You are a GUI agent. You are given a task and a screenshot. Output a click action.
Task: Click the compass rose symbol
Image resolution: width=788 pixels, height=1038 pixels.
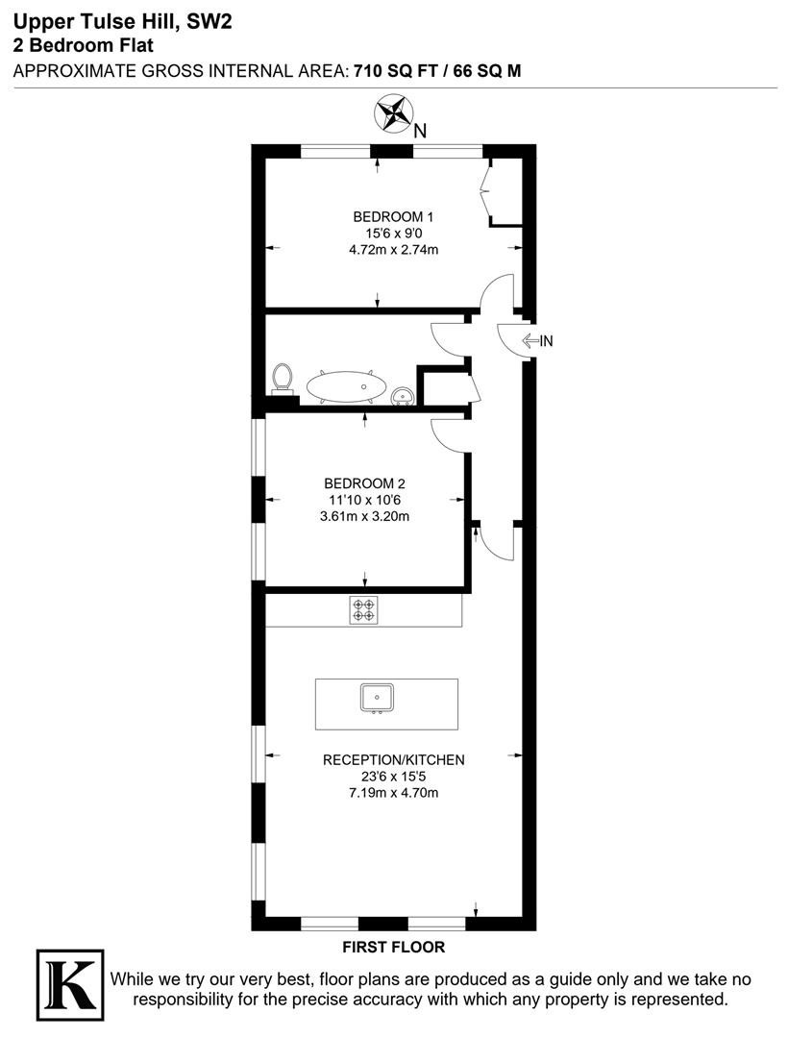coord(393,113)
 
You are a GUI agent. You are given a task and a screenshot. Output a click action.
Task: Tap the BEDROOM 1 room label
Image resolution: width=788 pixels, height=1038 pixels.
coord(393,216)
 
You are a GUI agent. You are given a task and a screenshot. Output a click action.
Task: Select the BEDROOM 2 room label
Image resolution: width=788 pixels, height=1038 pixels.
coord(364,483)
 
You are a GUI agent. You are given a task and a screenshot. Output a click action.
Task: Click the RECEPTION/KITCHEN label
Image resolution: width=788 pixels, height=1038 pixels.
coord(394,760)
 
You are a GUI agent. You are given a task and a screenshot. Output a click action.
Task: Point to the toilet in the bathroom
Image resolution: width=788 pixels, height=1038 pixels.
coord(283,380)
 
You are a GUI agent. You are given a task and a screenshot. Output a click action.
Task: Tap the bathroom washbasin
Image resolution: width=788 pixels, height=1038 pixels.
coord(403,396)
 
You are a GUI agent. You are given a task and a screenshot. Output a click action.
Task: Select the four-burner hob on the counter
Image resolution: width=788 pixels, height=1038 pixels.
coord(364,609)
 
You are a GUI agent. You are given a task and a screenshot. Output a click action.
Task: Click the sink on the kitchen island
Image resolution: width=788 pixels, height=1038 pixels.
coord(377,699)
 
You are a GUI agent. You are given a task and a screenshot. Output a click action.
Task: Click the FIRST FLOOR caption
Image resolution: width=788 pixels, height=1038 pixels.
coord(394,948)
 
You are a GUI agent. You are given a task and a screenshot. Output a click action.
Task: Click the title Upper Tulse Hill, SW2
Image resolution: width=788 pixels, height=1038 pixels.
coord(123,22)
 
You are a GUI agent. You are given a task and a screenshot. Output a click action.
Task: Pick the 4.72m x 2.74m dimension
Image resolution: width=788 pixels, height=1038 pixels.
coord(394,250)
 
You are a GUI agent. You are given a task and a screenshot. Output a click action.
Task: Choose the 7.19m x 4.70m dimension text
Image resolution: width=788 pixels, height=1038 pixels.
coord(394,792)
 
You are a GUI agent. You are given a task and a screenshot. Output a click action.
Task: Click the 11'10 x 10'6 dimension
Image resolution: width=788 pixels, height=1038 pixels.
coord(364,500)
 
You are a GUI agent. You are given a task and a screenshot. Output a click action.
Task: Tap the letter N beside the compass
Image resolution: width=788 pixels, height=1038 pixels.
coord(420,131)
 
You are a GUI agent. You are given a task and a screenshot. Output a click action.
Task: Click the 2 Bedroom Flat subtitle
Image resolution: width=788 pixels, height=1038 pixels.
coord(84,46)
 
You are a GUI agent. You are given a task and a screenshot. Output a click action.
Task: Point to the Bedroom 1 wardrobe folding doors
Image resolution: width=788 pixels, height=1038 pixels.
coord(485,192)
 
